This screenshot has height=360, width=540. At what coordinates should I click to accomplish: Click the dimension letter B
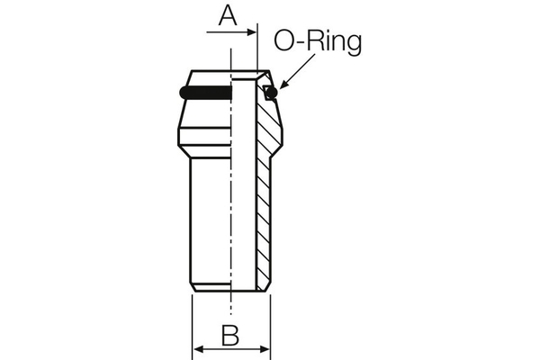(231, 335)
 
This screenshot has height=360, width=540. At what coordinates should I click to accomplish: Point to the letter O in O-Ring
(286, 41)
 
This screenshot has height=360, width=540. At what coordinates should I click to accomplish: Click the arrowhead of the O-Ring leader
(277, 88)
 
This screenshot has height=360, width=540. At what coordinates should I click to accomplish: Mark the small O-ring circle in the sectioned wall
(269, 93)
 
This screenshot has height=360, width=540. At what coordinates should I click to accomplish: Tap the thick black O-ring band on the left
(205, 93)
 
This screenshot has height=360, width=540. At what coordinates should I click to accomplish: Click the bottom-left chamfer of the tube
(195, 288)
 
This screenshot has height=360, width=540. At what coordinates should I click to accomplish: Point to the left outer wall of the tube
(193, 216)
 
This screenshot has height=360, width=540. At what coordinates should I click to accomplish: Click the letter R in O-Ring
(319, 41)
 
